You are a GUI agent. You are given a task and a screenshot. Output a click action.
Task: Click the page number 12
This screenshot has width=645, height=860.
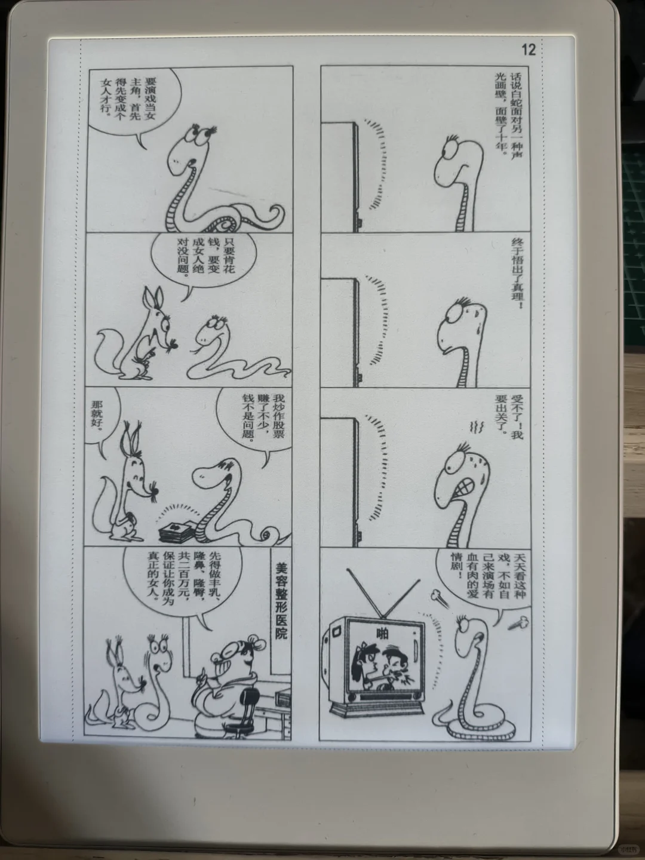(x=529, y=50)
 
